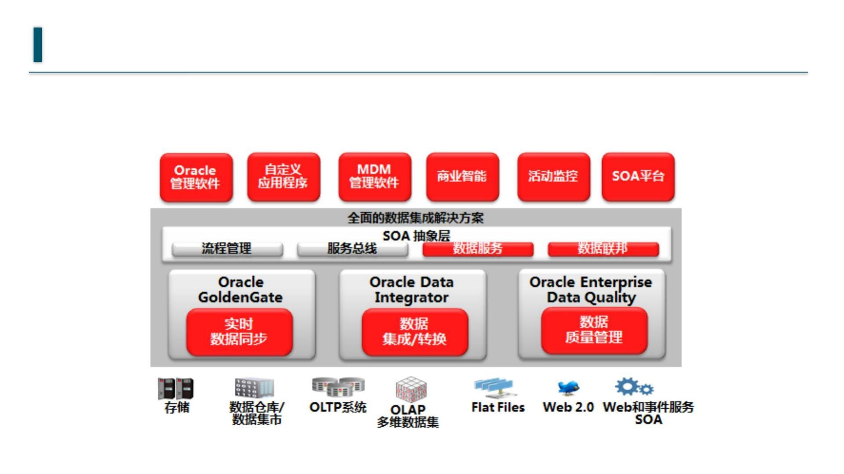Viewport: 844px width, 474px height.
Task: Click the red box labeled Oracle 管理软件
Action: pyautogui.click(x=196, y=177)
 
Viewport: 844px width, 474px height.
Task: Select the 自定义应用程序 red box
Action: pyautogui.click(x=283, y=176)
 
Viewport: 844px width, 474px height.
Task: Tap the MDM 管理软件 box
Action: pyautogui.click(x=375, y=176)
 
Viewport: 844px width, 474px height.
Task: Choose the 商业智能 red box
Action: pyautogui.click(x=462, y=176)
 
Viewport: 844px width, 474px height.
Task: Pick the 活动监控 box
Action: pyautogui.click(x=553, y=176)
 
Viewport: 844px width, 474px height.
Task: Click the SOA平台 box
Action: pyautogui.click(x=638, y=176)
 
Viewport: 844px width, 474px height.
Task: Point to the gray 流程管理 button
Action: pyautogui.click(x=227, y=249)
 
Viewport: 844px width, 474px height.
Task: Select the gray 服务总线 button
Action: pyautogui.click(x=352, y=249)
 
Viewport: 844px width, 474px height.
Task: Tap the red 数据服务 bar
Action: pyautogui.click(x=478, y=249)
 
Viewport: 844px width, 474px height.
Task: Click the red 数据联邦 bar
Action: pyautogui.click(x=603, y=249)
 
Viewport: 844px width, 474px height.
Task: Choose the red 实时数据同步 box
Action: pyautogui.click(x=239, y=332)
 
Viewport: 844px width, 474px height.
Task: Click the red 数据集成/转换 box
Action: pyautogui.click(x=415, y=332)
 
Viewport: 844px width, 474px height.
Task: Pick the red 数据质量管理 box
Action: pyautogui.click(x=594, y=330)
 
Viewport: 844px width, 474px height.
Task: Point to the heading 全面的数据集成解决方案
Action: pyautogui.click(x=415, y=218)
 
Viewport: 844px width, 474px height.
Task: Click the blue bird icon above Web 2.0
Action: pyautogui.click(x=568, y=388)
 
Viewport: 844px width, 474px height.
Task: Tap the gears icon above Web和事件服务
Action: pyautogui.click(x=634, y=387)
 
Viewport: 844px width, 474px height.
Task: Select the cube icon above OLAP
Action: pyautogui.click(x=411, y=388)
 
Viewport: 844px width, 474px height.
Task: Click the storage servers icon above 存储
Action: pyautogui.click(x=175, y=389)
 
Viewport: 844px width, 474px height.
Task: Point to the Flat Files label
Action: pyautogui.click(x=498, y=408)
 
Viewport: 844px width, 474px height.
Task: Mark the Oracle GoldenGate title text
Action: pyautogui.click(x=240, y=290)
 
